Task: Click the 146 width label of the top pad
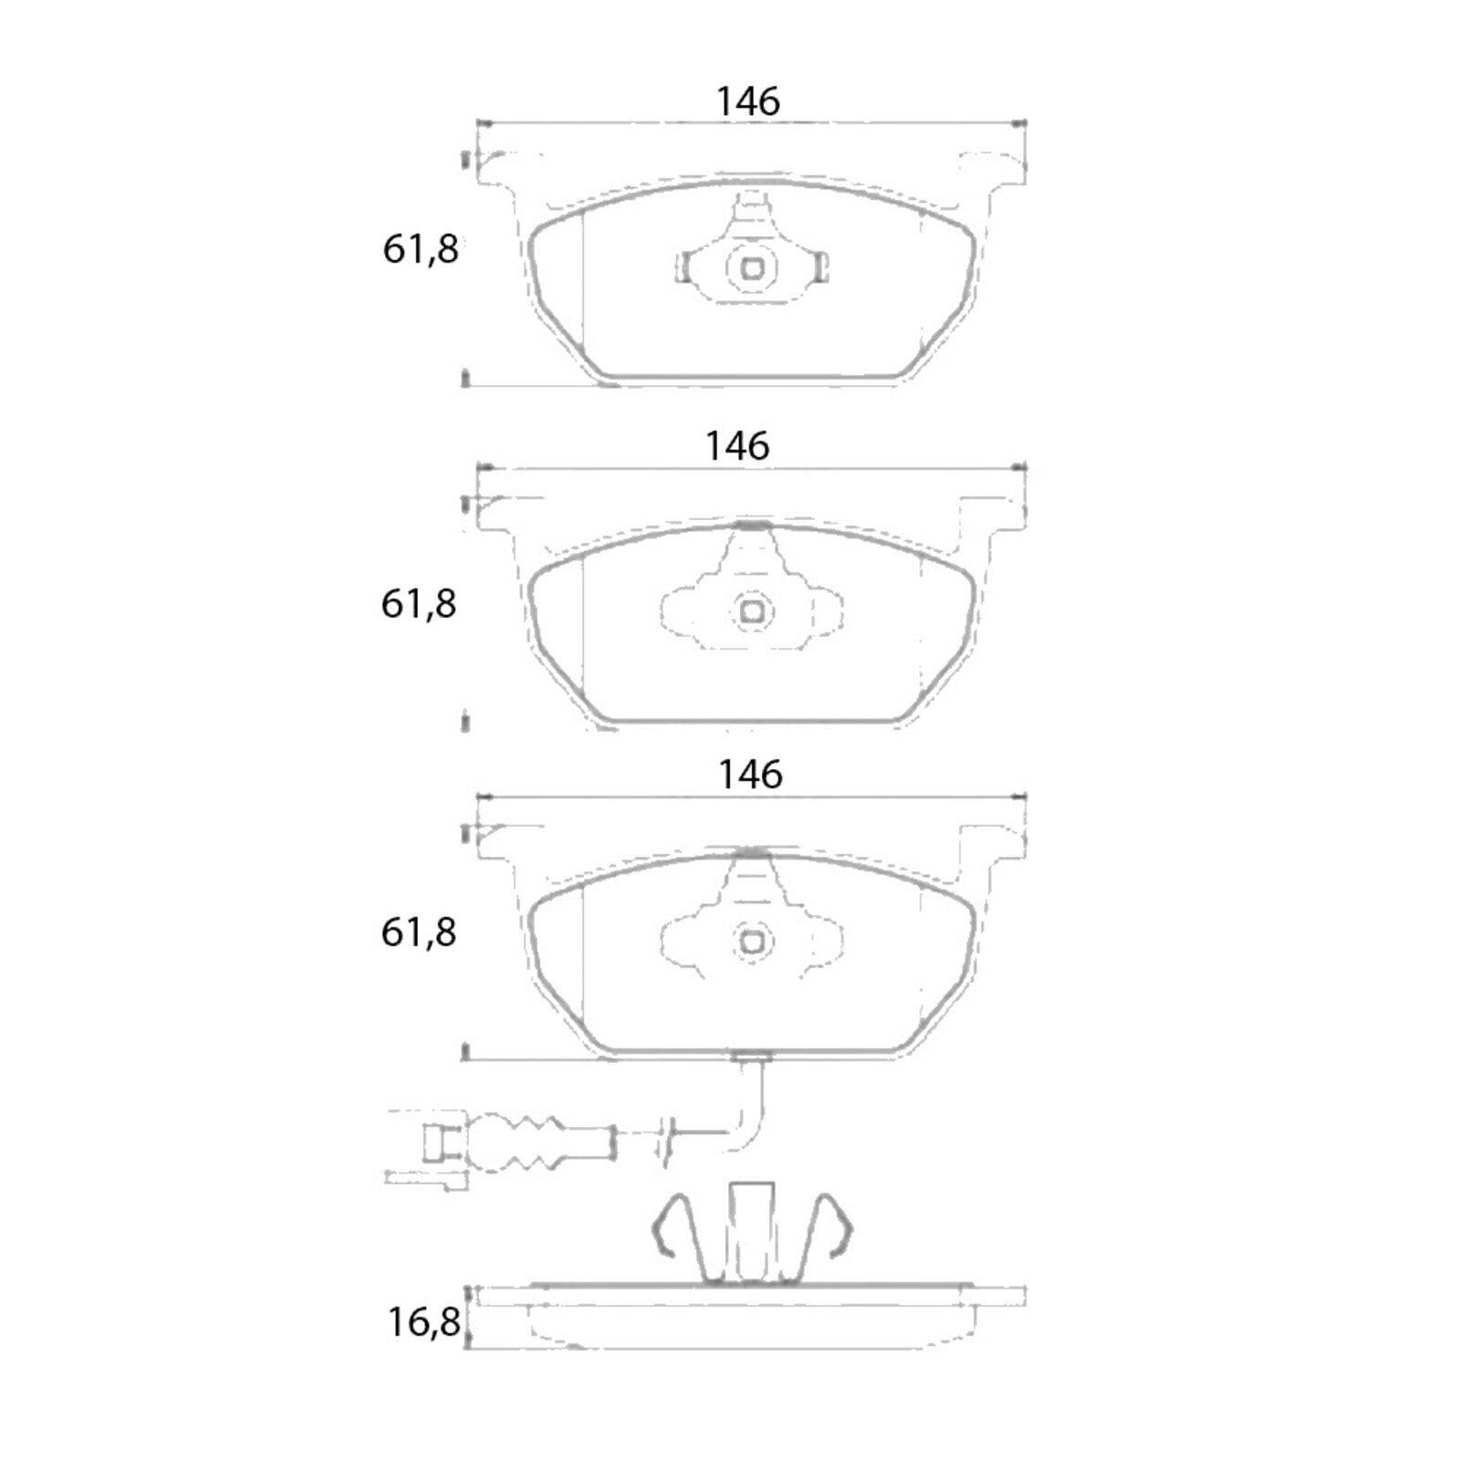(748, 101)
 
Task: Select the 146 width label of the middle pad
(737, 446)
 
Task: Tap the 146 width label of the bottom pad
(750, 775)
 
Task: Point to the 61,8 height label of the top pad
(421, 249)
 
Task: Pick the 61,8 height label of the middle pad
(419, 604)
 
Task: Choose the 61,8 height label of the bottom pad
(419, 933)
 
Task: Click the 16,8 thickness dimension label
(424, 1322)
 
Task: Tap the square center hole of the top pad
(753, 269)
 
